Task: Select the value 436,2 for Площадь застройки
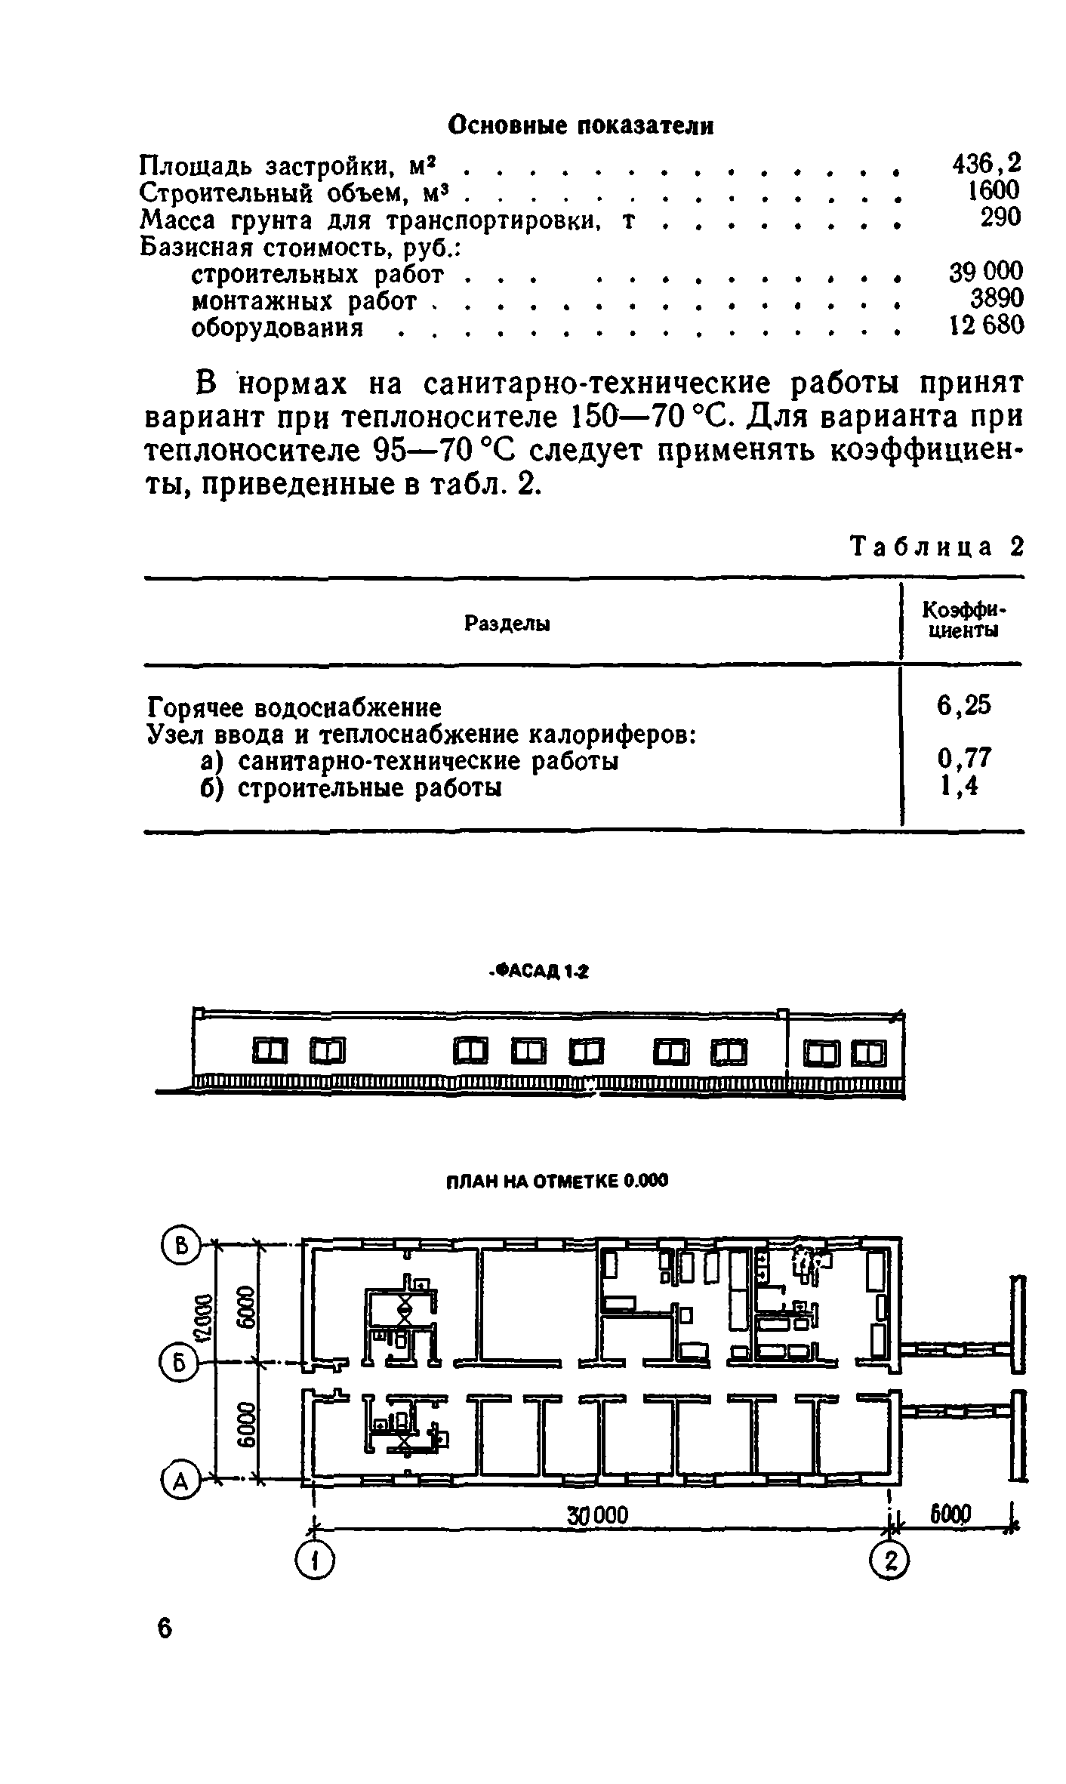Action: point(985,163)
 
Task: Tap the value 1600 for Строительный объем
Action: point(994,190)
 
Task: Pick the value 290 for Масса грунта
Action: point(1000,217)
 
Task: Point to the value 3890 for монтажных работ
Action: point(996,299)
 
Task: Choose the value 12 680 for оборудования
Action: point(985,325)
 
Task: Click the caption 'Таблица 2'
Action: point(936,547)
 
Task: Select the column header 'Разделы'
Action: point(507,624)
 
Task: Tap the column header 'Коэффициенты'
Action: point(965,620)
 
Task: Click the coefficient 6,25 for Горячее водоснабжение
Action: point(963,706)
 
